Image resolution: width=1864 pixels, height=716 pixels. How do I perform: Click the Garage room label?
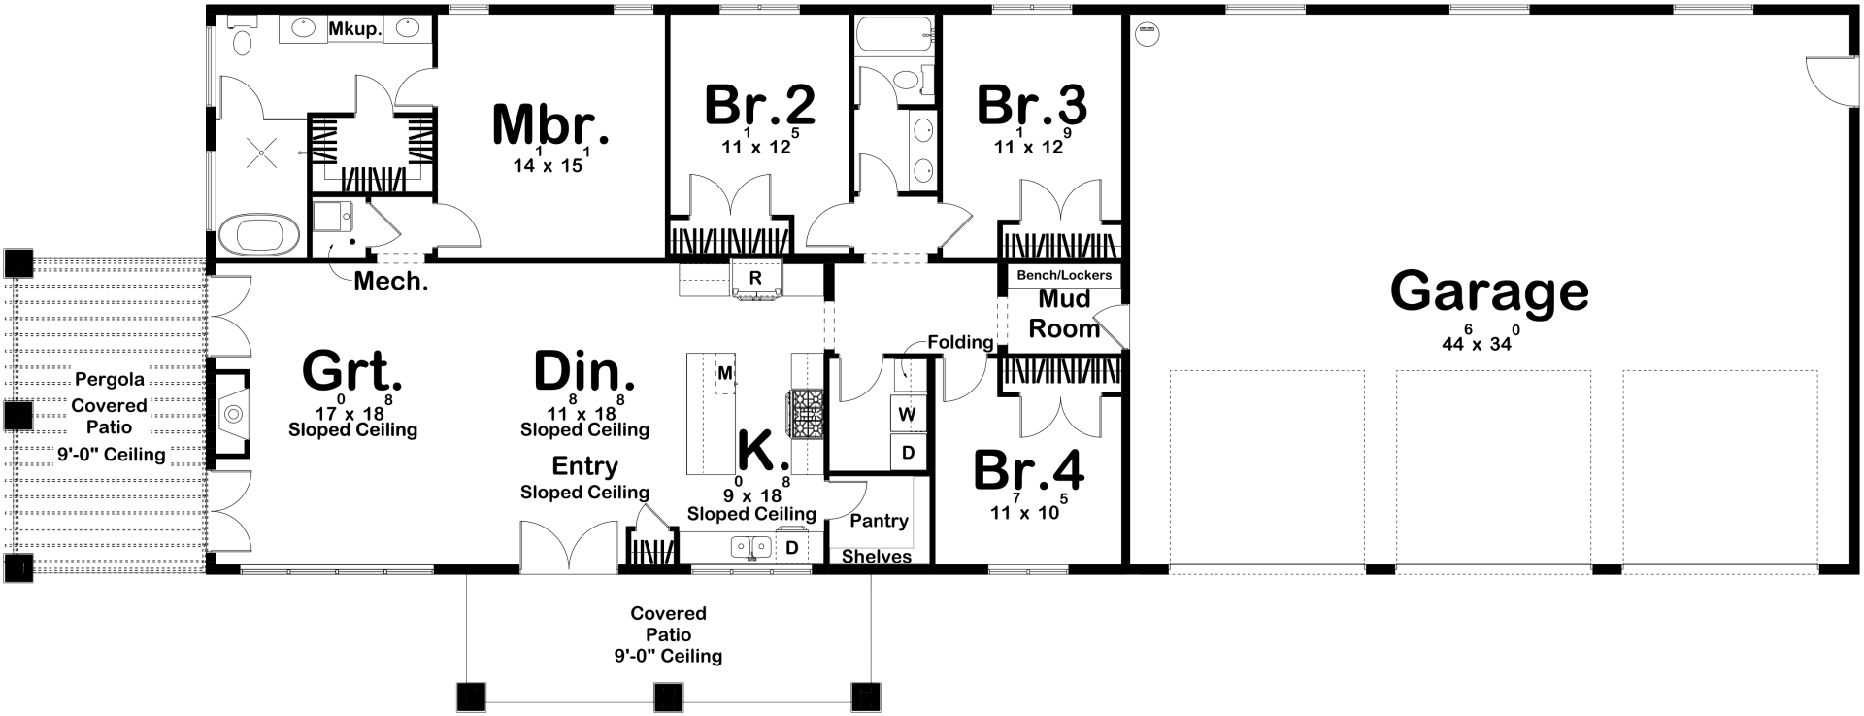click(x=1489, y=291)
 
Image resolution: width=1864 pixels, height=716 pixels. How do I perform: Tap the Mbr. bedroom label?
click(x=550, y=125)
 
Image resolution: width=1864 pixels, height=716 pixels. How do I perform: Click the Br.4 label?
click(x=1028, y=471)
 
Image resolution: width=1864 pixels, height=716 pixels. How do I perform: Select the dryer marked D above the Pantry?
click(x=908, y=452)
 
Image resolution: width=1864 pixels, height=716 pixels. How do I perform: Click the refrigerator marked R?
click(x=755, y=278)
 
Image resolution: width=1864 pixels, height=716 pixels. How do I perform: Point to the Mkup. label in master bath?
click(x=354, y=30)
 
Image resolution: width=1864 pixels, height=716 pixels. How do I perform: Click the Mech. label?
click(x=390, y=282)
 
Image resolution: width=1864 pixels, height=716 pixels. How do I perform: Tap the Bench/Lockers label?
click(x=1064, y=275)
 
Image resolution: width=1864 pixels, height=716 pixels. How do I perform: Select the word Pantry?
click(x=879, y=521)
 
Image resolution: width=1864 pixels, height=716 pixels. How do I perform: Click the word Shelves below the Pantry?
click(x=876, y=557)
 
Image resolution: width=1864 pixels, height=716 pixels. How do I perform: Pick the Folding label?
click(x=960, y=342)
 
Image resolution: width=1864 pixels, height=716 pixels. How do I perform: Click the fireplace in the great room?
click(x=232, y=415)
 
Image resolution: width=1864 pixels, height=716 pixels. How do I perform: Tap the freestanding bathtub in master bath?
click(x=257, y=236)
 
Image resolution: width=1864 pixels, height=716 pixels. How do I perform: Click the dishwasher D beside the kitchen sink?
click(x=791, y=548)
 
